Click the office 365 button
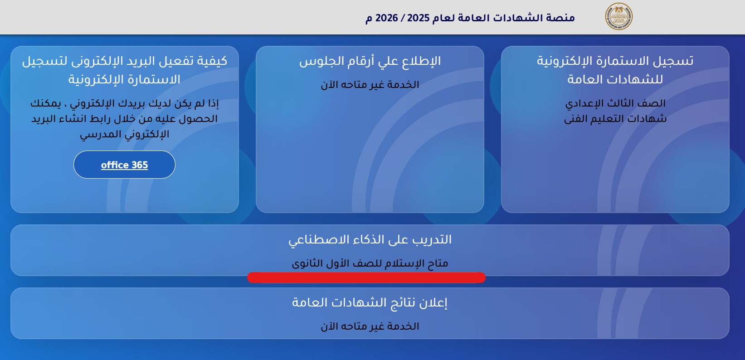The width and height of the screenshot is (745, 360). (124, 165)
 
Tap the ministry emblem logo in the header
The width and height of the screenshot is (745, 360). (618, 17)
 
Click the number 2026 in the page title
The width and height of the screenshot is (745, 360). (386, 18)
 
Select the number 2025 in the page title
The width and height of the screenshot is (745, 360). (419, 18)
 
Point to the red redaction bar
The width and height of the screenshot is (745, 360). (366, 277)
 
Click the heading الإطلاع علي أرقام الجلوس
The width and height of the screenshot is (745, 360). (370, 61)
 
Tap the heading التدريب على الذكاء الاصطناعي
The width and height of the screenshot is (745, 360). (370, 240)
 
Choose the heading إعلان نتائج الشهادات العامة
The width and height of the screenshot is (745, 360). (370, 302)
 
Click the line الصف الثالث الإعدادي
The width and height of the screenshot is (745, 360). (615, 103)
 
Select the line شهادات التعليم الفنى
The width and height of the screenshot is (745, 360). (615, 119)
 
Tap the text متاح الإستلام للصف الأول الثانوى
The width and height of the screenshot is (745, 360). (370, 263)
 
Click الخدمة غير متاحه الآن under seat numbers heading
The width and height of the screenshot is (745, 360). (370, 85)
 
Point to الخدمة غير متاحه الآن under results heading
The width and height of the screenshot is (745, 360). (370, 326)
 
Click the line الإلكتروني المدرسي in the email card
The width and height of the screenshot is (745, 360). (124, 134)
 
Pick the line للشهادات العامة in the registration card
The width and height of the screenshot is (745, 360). (615, 79)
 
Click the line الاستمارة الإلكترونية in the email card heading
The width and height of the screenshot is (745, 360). (124, 79)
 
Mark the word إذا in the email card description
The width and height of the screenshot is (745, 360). (213, 103)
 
